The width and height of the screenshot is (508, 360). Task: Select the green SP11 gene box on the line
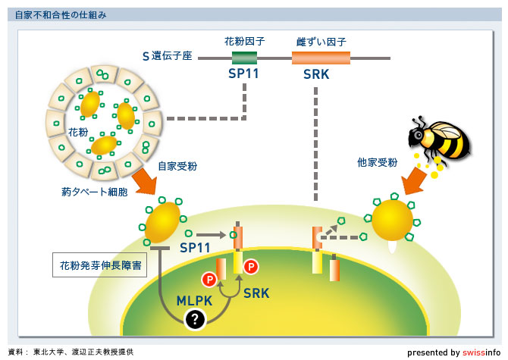244,58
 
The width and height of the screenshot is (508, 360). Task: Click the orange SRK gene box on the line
321,58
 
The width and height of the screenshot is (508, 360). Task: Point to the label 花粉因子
243,41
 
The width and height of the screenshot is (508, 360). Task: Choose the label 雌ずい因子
321,41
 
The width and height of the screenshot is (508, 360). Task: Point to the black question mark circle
196,320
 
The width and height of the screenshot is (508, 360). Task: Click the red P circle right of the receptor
252,266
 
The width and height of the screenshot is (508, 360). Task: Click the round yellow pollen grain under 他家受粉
392,219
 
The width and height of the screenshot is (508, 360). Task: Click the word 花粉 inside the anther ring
78,132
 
